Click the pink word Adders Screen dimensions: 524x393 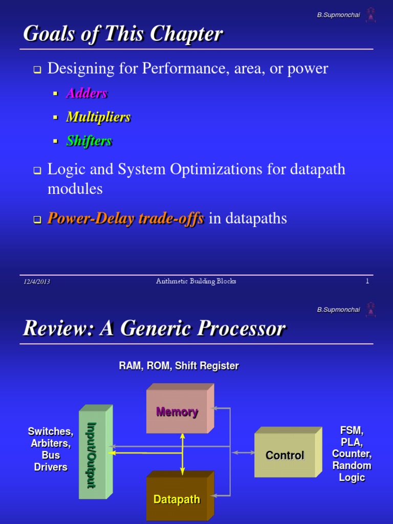(86, 93)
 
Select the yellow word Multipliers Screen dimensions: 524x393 (98, 117)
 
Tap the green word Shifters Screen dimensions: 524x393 (89, 141)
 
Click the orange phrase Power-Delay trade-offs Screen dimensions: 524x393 (125, 219)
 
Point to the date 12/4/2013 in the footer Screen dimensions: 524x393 (36, 281)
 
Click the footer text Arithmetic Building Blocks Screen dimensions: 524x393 (196, 281)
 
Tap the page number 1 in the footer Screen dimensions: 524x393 (367, 281)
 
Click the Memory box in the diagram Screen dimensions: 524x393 (177, 412)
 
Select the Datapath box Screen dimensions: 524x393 (177, 499)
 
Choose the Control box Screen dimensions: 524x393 (285, 455)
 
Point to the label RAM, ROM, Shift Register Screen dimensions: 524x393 (179, 366)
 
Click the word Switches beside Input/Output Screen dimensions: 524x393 (50, 431)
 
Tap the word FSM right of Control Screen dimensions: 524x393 (352, 430)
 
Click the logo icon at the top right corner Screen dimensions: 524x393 (370, 15)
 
